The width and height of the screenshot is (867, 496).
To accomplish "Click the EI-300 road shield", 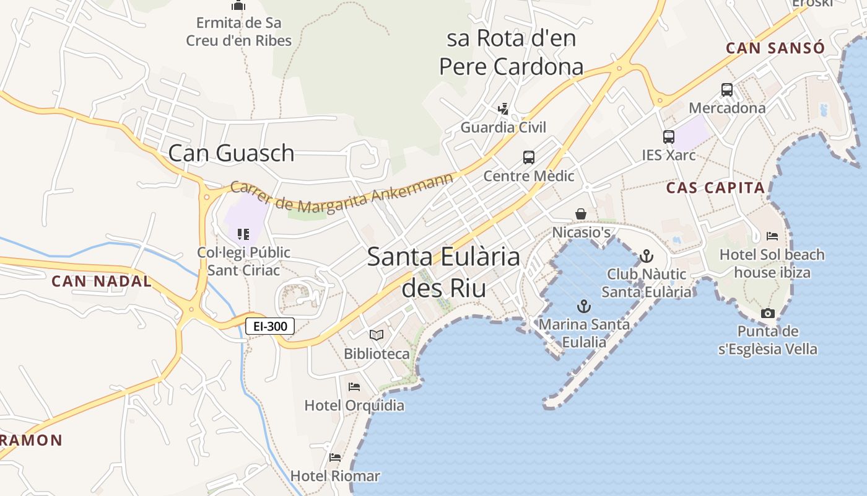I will click(270, 326).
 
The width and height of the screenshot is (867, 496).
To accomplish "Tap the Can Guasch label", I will click(231, 153).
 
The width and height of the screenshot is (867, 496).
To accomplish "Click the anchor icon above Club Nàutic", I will click(647, 255).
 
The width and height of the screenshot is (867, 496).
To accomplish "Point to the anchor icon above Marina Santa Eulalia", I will click(583, 306).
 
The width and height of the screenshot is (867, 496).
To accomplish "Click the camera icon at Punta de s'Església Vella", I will click(768, 313).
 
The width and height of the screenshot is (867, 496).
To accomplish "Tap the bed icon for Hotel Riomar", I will click(335, 458).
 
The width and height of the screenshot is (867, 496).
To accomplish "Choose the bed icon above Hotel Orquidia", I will click(354, 387).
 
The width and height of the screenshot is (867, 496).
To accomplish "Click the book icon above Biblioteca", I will click(377, 335).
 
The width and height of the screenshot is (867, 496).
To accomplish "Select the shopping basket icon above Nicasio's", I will click(581, 214).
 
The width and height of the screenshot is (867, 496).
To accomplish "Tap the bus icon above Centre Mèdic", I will click(528, 157).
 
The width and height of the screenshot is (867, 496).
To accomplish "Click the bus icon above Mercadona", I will click(727, 89).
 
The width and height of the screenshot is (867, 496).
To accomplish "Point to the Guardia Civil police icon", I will click(503, 109).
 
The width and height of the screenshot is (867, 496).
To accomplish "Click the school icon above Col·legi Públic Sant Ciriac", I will click(243, 234).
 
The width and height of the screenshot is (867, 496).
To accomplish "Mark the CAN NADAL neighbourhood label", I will click(102, 281).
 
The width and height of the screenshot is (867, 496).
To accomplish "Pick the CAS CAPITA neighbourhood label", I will click(715, 188).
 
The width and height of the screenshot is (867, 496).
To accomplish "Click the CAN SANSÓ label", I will click(775, 48).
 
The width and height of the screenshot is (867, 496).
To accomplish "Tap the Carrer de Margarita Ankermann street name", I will click(342, 194).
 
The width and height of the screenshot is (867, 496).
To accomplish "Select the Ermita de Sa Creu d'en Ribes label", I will click(239, 32).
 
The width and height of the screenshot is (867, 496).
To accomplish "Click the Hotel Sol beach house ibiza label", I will click(772, 263).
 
